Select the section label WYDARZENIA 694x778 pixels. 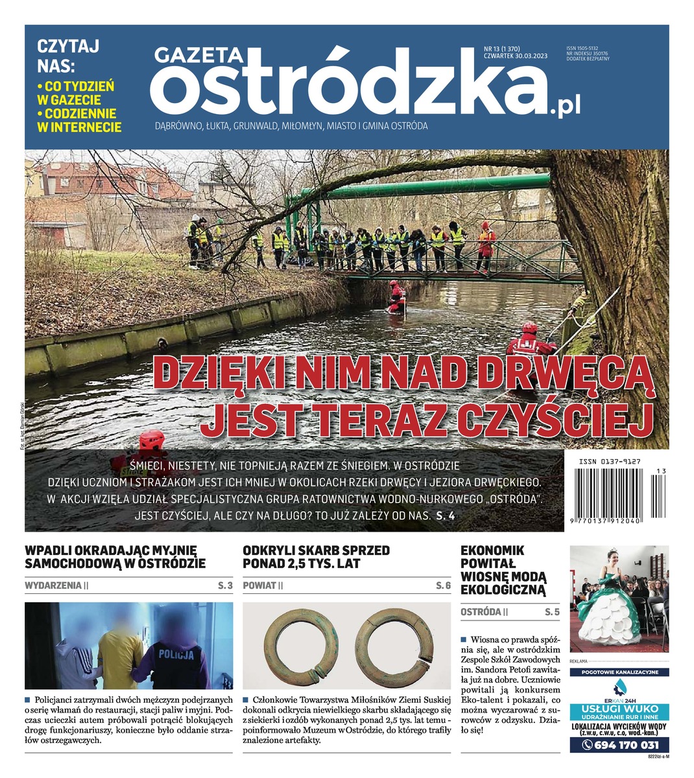click(54, 585)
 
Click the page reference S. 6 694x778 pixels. click(443, 585)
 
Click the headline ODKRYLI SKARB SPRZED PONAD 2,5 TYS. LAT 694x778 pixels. click(317, 557)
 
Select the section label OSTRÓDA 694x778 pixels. click(481, 611)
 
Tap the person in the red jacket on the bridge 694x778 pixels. click(485, 245)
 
